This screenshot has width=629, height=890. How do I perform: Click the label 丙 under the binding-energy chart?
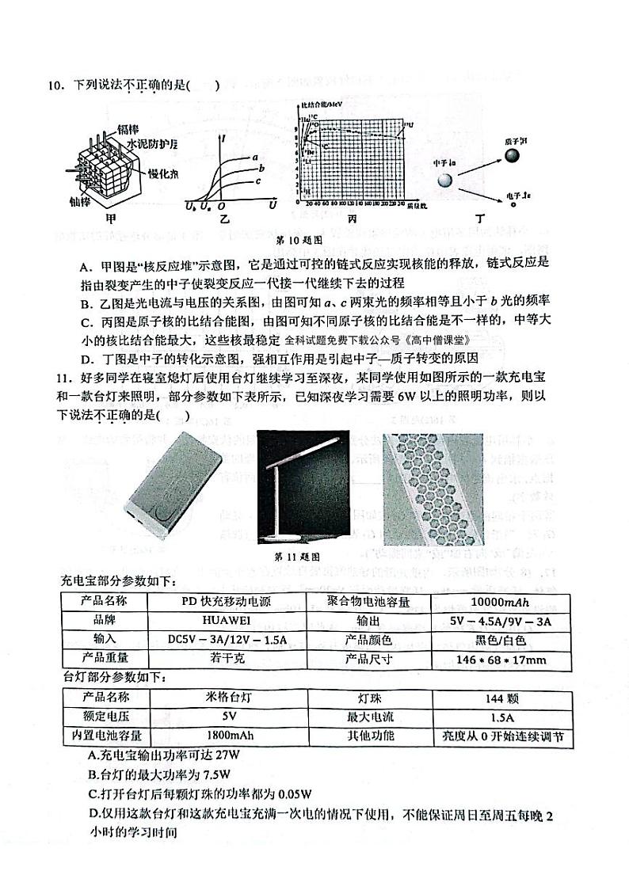coord(353,218)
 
